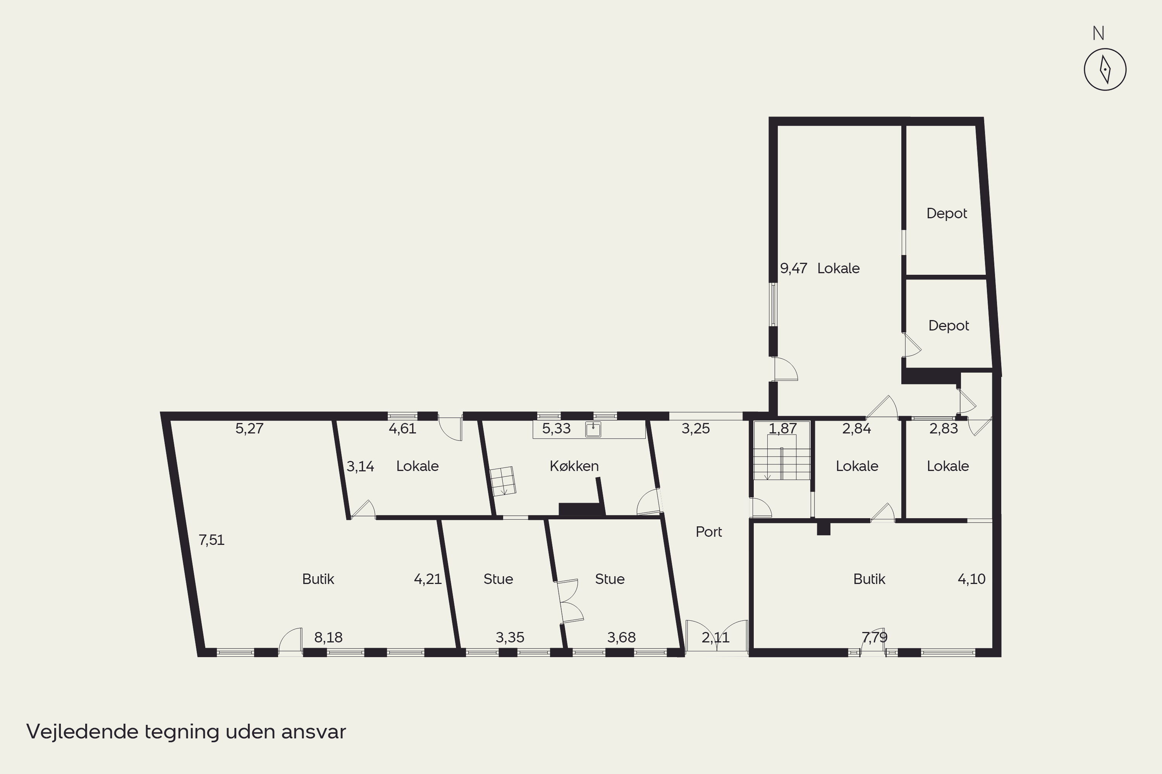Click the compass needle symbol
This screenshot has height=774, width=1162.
pos(1105,69)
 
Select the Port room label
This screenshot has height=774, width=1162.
pos(708,532)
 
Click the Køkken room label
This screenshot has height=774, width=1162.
pos(574,466)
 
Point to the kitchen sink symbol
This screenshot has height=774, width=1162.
pos(593,430)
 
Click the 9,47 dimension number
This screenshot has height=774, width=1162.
pos(793,269)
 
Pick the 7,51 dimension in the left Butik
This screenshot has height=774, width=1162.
pos(211,540)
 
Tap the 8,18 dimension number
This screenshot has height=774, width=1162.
pos(328,638)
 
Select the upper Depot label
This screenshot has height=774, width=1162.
pos(947,214)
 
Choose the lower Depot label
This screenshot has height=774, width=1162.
pos(949,326)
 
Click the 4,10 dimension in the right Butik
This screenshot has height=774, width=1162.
pos(971,579)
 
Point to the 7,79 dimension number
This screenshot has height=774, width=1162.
pos(875,638)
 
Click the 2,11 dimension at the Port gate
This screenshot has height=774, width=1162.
pos(715,638)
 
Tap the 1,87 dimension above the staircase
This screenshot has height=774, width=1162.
pos(782,428)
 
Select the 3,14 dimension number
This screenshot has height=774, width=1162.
pos(360,466)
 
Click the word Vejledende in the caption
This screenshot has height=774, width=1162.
pos(83,731)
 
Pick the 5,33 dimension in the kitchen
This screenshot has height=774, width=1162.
pos(556,428)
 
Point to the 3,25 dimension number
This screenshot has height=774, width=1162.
pos(696,428)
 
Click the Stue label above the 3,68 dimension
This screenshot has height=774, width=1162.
pos(610,579)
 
